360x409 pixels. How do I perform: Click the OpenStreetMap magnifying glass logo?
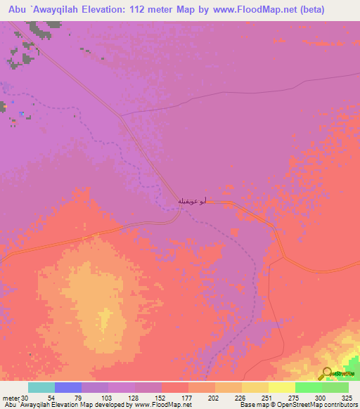pyautogui.click(x=328, y=372)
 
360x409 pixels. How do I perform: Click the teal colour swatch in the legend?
pyautogui.click(x=41, y=387)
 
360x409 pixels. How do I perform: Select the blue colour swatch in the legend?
pyautogui.click(x=68, y=387)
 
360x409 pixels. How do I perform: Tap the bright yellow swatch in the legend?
pyautogui.click(x=282, y=387)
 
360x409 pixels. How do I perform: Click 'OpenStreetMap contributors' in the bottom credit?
pyautogui.click(x=316, y=405)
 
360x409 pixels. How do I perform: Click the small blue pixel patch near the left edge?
pyautogui.click(x=22, y=113)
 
